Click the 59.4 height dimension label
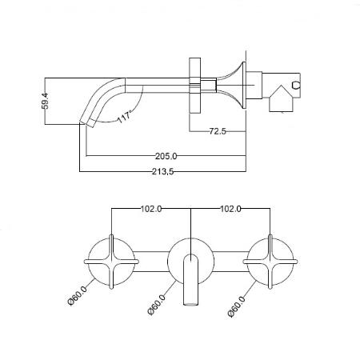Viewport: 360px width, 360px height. pos(46,101)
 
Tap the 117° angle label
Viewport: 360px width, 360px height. pos(125,117)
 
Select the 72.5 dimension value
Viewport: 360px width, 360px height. pos(218,131)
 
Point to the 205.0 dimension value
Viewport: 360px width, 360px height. pos(166,156)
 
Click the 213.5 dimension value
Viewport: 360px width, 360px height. pos(163,171)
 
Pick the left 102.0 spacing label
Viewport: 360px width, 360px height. pos(151,209)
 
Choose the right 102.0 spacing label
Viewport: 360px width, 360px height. pos(230,209)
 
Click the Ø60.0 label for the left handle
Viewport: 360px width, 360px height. pos(78,296)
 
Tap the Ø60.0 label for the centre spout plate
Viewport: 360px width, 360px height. pos(157,305)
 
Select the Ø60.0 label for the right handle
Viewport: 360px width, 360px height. pos(237,306)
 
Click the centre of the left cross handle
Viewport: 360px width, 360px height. pos(111,262)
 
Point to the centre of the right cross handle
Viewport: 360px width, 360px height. pos(270,262)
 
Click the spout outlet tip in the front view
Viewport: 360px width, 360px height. pos(191,303)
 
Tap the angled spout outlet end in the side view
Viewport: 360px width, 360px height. pos(86,124)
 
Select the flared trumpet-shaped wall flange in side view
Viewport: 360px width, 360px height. pos(231,86)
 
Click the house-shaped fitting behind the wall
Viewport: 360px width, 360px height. pos(282,98)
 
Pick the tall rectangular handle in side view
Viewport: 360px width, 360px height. pos(194,86)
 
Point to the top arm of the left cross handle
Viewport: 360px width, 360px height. pos(111,246)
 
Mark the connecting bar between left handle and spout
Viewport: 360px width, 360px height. pos(151,262)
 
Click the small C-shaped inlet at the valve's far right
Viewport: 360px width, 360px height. pos(296,86)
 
